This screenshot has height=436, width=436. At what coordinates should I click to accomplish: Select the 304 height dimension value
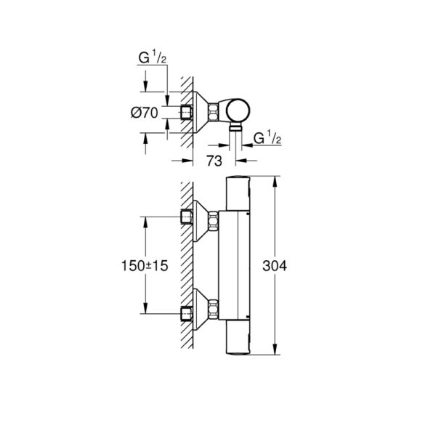point(291,266)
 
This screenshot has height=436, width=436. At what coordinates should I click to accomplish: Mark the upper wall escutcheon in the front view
point(198,218)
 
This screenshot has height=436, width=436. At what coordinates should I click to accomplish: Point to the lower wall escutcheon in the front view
point(198,313)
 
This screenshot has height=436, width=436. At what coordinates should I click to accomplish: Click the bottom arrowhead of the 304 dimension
point(275,353)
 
